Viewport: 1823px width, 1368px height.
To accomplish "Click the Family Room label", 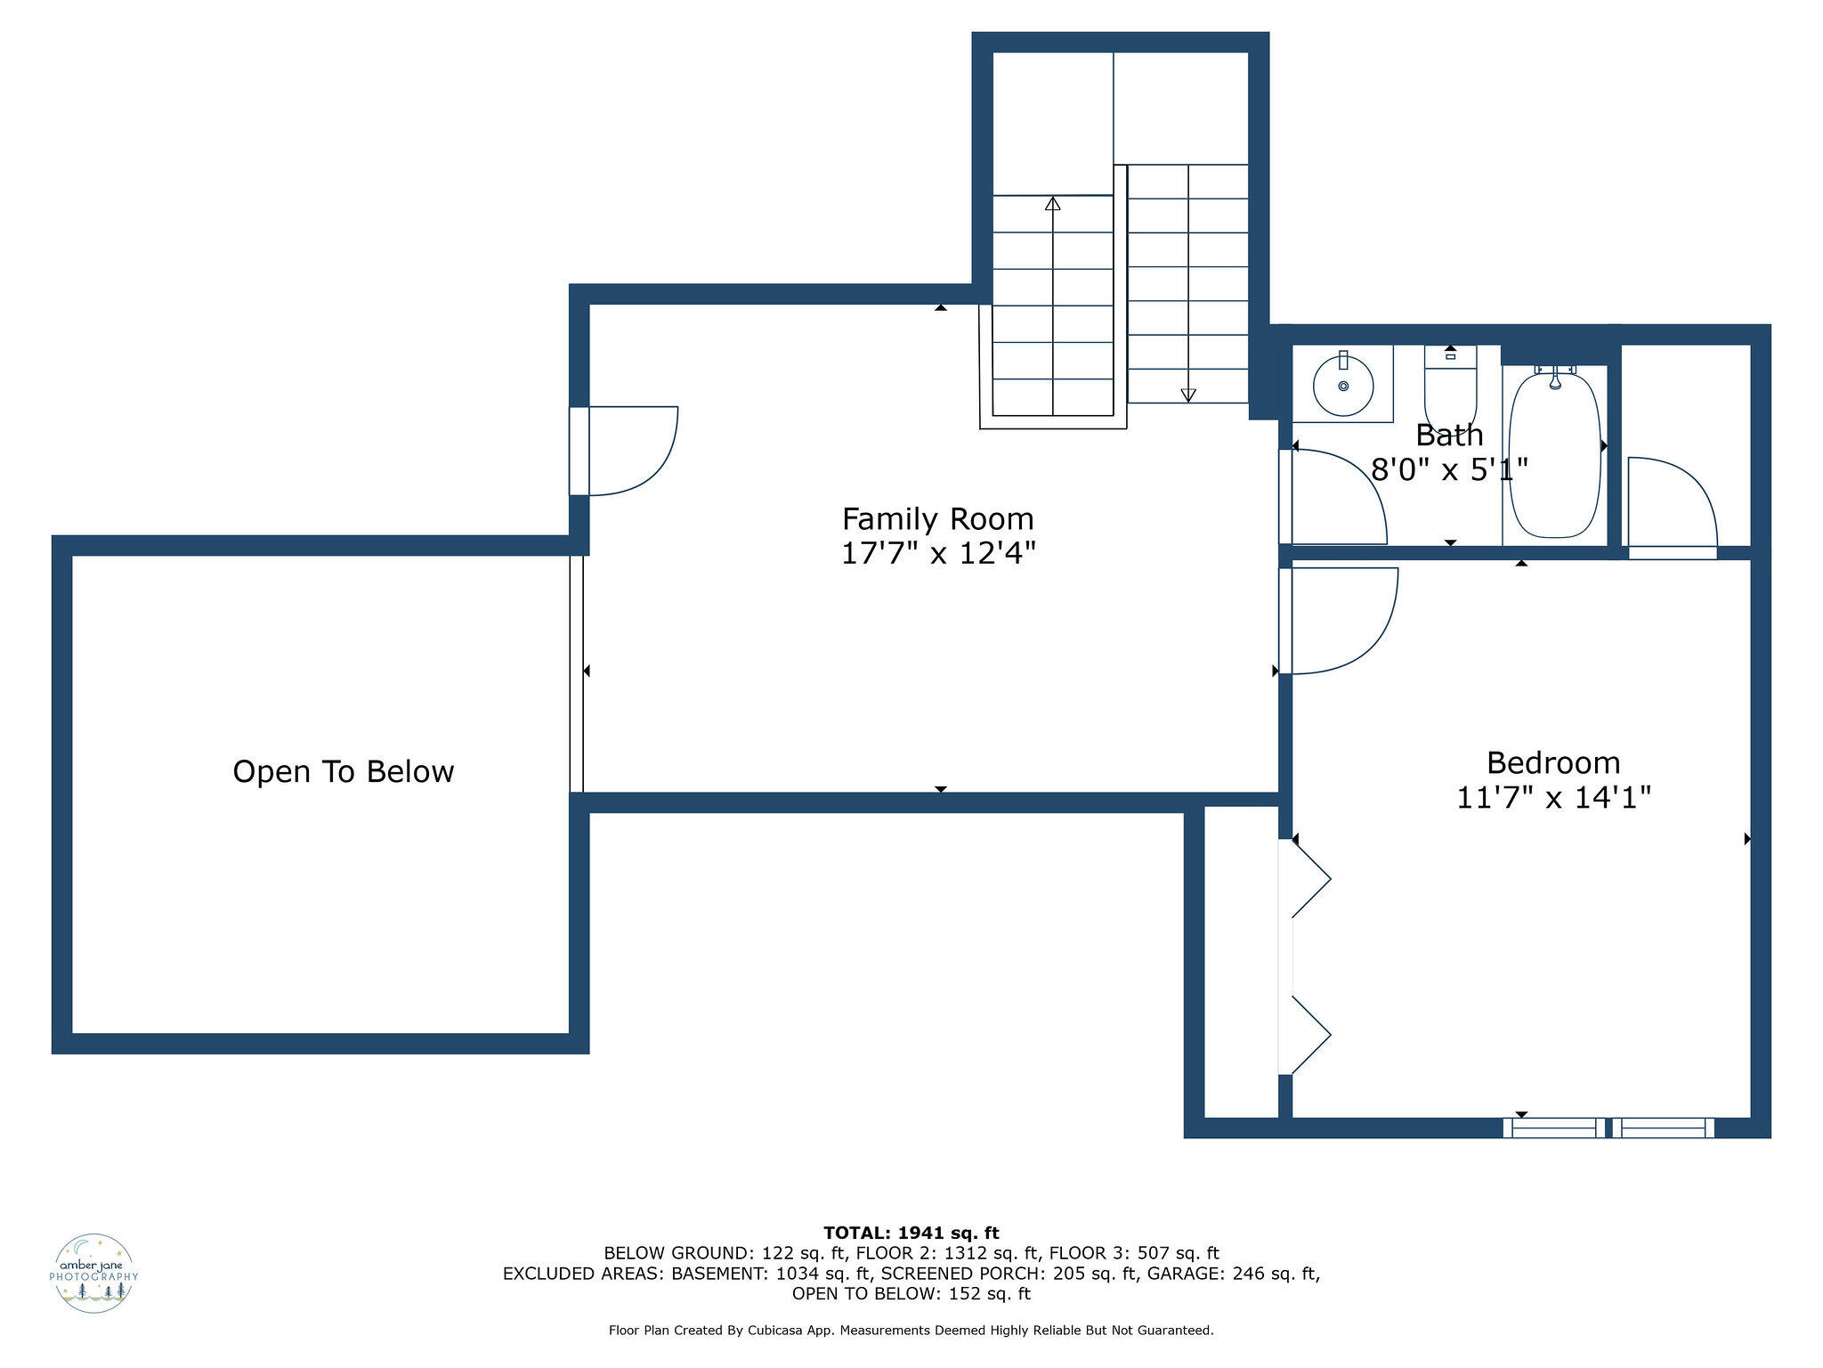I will coord(937,519).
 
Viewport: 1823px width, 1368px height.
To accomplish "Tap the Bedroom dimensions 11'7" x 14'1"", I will coord(1553,797).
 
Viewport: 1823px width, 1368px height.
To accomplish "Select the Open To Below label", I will coord(343,771).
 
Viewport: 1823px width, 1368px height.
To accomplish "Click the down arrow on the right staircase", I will coord(1188,394).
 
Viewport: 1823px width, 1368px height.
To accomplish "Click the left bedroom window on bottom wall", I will coord(1554,1128).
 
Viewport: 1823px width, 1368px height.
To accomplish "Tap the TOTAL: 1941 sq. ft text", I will coord(911,1233).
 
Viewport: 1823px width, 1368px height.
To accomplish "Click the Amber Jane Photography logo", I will coord(93,1273).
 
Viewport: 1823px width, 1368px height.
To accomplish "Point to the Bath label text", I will coord(1449,436).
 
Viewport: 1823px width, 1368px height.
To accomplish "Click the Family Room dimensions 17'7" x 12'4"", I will coord(938,554).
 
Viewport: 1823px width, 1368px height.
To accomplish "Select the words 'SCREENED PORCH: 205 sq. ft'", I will coord(1009,1274).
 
